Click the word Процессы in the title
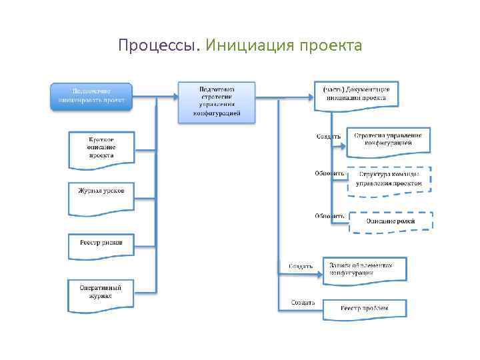pyautogui.click(x=158, y=46)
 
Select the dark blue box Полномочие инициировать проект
pyautogui.click(x=92, y=96)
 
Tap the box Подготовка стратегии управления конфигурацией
pyautogui.click(x=217, y=102)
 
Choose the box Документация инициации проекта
pyautogui.click(x=356, y=94)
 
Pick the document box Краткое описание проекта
pyautogui.click(x=101, y=147)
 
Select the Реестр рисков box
pyautogui.click(x=101, y=244)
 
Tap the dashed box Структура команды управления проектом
pyautogui.click(x=389, y=179)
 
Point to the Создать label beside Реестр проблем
pyautogui.click(x=303, y=303)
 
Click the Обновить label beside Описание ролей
pyautogui.click(x=329, y=216)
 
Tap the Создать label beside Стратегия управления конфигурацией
pyautogui.click(x=328, y=137)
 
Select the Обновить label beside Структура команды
pyautogui.click(x=329, y=174)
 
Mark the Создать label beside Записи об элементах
pyautogui.click(x=301, y=267)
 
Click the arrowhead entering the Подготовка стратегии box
pyautogui.click(x=175, y=96)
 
